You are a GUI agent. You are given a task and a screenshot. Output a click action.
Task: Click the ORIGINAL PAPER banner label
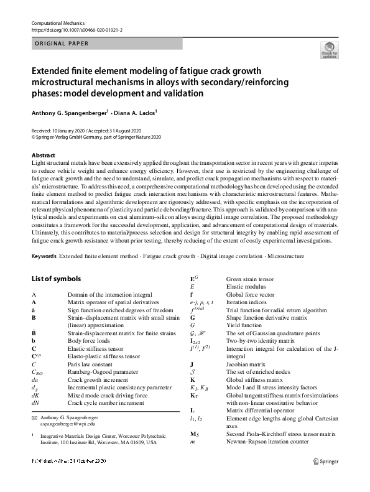point(60,44)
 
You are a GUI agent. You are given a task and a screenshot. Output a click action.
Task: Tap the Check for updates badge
point(328,52)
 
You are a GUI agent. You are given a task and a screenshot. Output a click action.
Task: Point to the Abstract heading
point(43,155)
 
